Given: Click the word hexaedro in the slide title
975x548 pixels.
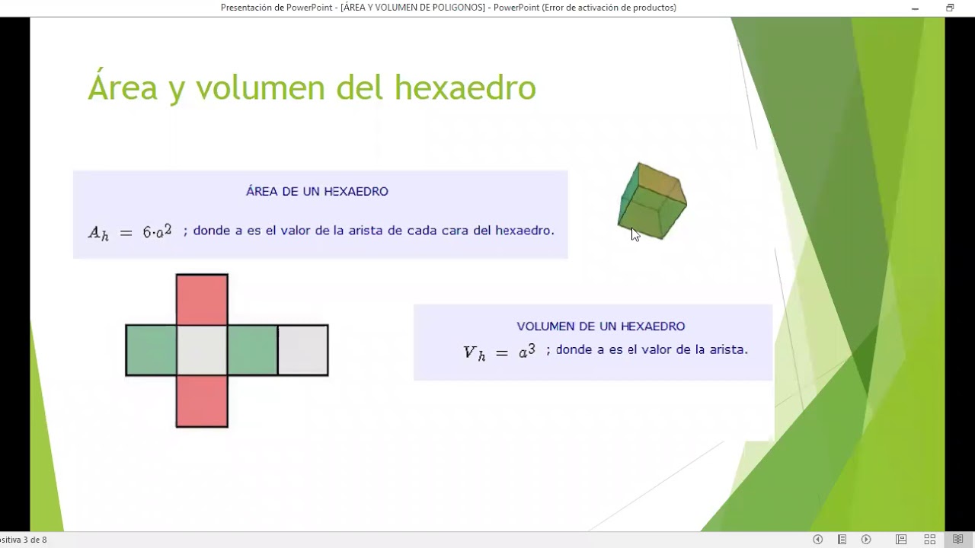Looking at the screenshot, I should [x=465, y=88].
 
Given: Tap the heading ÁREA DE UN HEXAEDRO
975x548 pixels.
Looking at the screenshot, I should [x=317, y=192].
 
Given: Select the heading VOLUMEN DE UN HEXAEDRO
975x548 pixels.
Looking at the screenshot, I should [x=601, y=327].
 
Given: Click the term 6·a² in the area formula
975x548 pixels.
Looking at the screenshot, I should [x=157, y=231].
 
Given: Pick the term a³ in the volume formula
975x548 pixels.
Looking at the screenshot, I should [x=527, y=351].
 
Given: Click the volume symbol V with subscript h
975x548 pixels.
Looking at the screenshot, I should [x=474, y=352].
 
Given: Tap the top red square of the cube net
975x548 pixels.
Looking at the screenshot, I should [x=202, y=299].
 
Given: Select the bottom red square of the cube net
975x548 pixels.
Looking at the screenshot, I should [x=202, y=401].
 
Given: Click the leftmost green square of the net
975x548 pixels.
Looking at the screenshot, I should [x=151, y=350].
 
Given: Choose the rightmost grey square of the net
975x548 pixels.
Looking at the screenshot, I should [x=303, y=350].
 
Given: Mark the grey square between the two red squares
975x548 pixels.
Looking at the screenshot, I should [x=202, y=350].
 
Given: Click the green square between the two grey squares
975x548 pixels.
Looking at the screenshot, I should [x=252, y=350].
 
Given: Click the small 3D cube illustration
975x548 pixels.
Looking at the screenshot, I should [x=653, y=201].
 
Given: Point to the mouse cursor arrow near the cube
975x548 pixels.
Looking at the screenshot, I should [x=635, y=234].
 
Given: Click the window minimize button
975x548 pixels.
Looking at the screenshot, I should [x=915, y=8].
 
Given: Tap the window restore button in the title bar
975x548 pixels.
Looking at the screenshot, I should [x=950, y=8].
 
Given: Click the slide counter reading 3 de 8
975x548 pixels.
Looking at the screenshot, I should [x=34, y=540].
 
